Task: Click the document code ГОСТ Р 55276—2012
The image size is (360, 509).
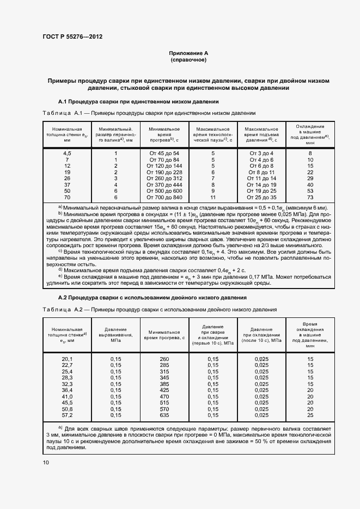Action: click(72, 36)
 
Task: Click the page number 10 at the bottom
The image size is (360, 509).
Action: click(45, 463)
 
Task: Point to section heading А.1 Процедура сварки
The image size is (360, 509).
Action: click(138, 102)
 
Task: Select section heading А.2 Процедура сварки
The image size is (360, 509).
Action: click(152, 298)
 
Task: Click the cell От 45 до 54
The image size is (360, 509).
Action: click(164, 154)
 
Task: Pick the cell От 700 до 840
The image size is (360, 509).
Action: click(164, 198)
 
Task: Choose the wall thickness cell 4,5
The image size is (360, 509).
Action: click(68, 154)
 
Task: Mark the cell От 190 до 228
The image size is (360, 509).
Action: click(164, 172)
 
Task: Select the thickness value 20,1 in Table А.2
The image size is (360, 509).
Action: click(67, 359)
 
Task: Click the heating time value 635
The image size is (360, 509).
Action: click(164, 415)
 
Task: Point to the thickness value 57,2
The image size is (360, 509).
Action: click(67, 415)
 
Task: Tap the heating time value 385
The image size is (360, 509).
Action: click(164, 384)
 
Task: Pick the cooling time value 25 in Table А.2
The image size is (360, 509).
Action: click(310, 415)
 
